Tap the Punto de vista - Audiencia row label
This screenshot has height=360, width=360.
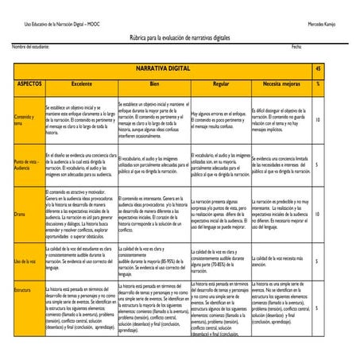28,165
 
